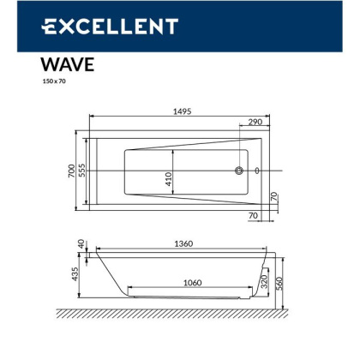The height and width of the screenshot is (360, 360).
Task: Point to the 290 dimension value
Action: (255, 122)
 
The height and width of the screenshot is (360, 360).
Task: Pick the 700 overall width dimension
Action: (72, 170)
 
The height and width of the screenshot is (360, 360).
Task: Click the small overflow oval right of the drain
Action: (256, 171)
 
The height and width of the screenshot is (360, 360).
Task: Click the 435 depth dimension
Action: (75, 273)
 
